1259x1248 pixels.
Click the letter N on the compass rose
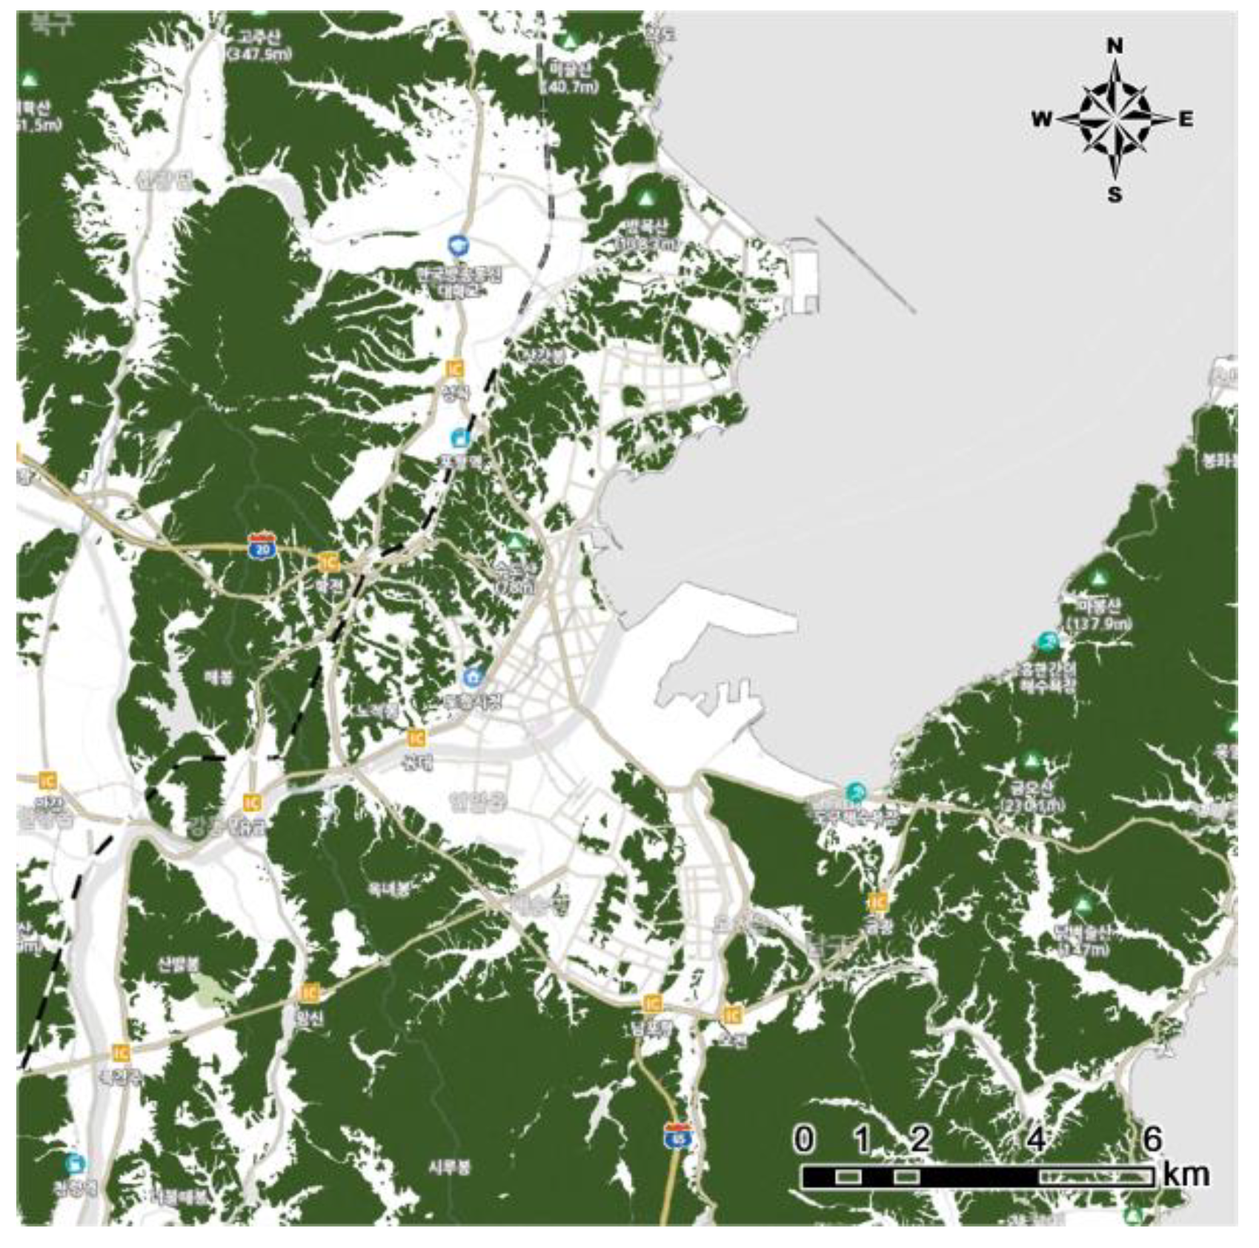coord(1114,46)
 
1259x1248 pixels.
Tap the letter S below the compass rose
coord(1115,194)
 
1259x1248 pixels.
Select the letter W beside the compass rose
coord(1041,119)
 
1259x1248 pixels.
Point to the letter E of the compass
coord(1186,119)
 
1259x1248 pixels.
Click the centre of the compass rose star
coord(1115,119)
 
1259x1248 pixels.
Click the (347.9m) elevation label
coord(259,54)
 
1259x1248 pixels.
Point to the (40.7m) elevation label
coord(569,87)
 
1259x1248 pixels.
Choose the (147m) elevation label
coord(1086,949)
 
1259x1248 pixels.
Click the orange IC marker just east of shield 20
coord(328,562)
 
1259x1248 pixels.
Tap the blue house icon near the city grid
coord(472,677)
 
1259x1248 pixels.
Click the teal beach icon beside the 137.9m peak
coord(1047,642)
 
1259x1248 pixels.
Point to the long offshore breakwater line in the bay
coord(866,265)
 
